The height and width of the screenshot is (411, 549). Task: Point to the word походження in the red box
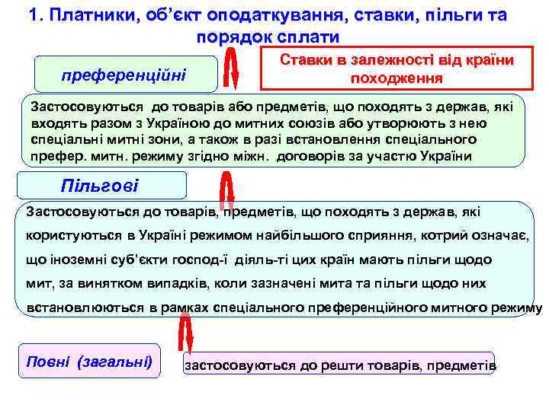pyautogui.click(x=396, y=79)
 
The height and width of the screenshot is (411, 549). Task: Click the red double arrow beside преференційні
pyautogui.click(x=233, y=73)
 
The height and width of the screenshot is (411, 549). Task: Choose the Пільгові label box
pyautogui.click(x=100, y=186)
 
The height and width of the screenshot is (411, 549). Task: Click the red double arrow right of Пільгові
pyautogui.click(x=226, y=190)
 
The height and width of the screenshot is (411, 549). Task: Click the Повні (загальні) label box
pyautogui.click(x=89, y=361)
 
